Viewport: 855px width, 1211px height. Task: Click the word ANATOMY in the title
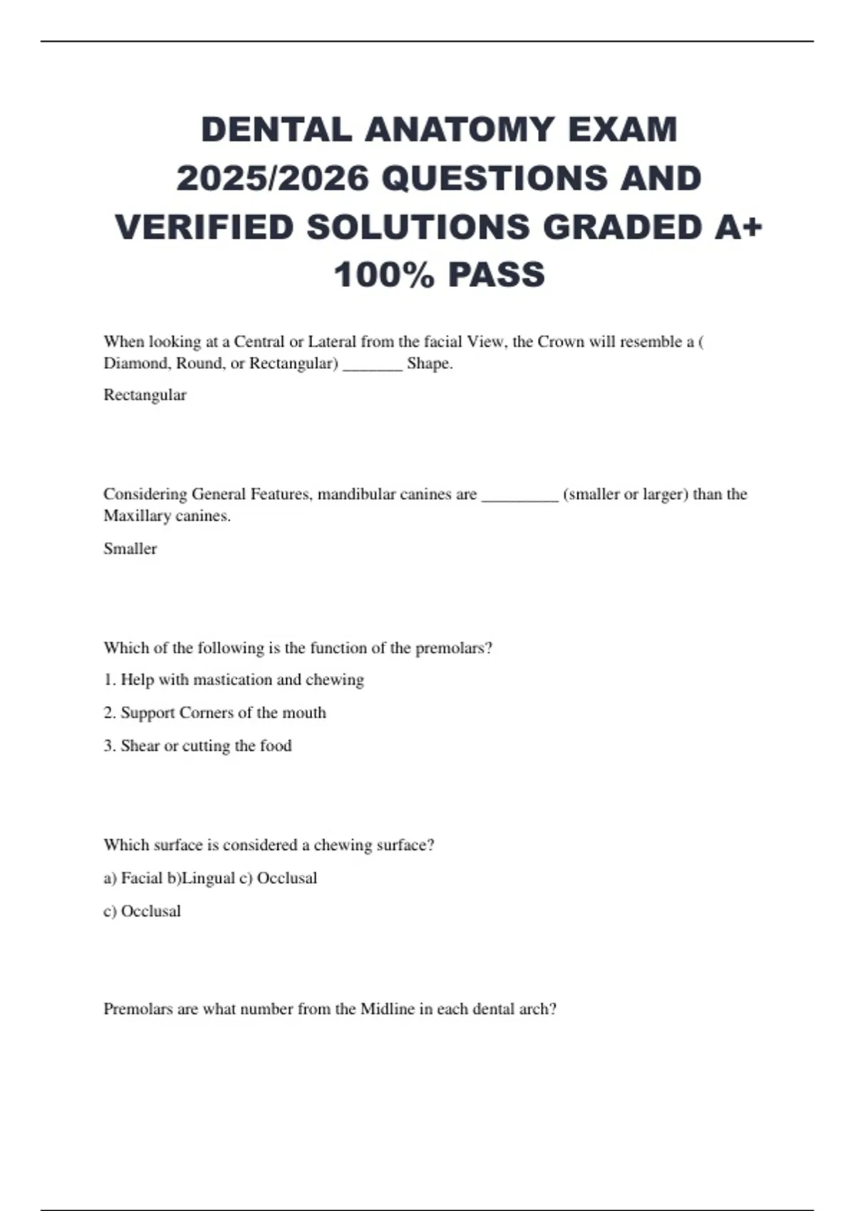(460, 130)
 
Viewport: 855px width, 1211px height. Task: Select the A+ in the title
(737, 227)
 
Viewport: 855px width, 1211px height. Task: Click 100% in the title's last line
(384, 275)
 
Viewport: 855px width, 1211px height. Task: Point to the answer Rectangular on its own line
(145, 395)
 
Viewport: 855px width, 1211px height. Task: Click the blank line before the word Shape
(373, 365)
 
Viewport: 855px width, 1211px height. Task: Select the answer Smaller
(130, 549)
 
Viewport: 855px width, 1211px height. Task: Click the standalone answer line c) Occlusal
(142, 911)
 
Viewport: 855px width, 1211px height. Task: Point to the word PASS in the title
(497, 275)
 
